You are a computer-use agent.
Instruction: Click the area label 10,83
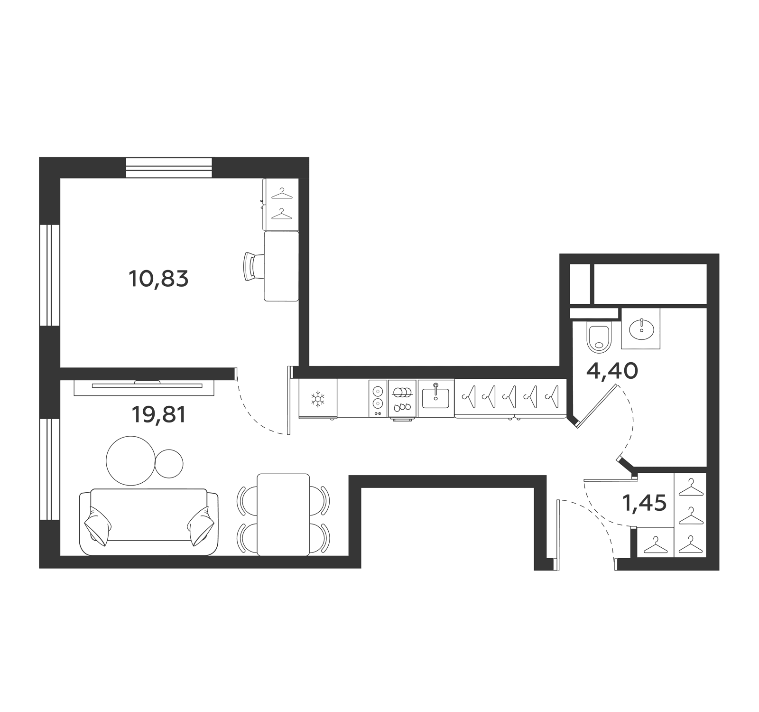point(158,279)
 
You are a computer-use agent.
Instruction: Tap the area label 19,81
point(159,415)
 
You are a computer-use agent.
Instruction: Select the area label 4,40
point(612,371)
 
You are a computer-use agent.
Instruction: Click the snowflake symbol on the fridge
point(317,399)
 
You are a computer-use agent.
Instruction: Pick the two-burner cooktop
point(378,398)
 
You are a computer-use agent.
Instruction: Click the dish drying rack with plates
point(402,398)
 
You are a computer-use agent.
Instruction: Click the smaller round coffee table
point(169,463)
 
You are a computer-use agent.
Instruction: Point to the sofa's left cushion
point(98,525)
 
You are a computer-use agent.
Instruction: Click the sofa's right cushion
point(201,525)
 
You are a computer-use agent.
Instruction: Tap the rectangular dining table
point(283,515)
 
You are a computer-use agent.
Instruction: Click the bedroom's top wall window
point(169,168)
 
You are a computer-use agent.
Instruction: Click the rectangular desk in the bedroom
point(281,266)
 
